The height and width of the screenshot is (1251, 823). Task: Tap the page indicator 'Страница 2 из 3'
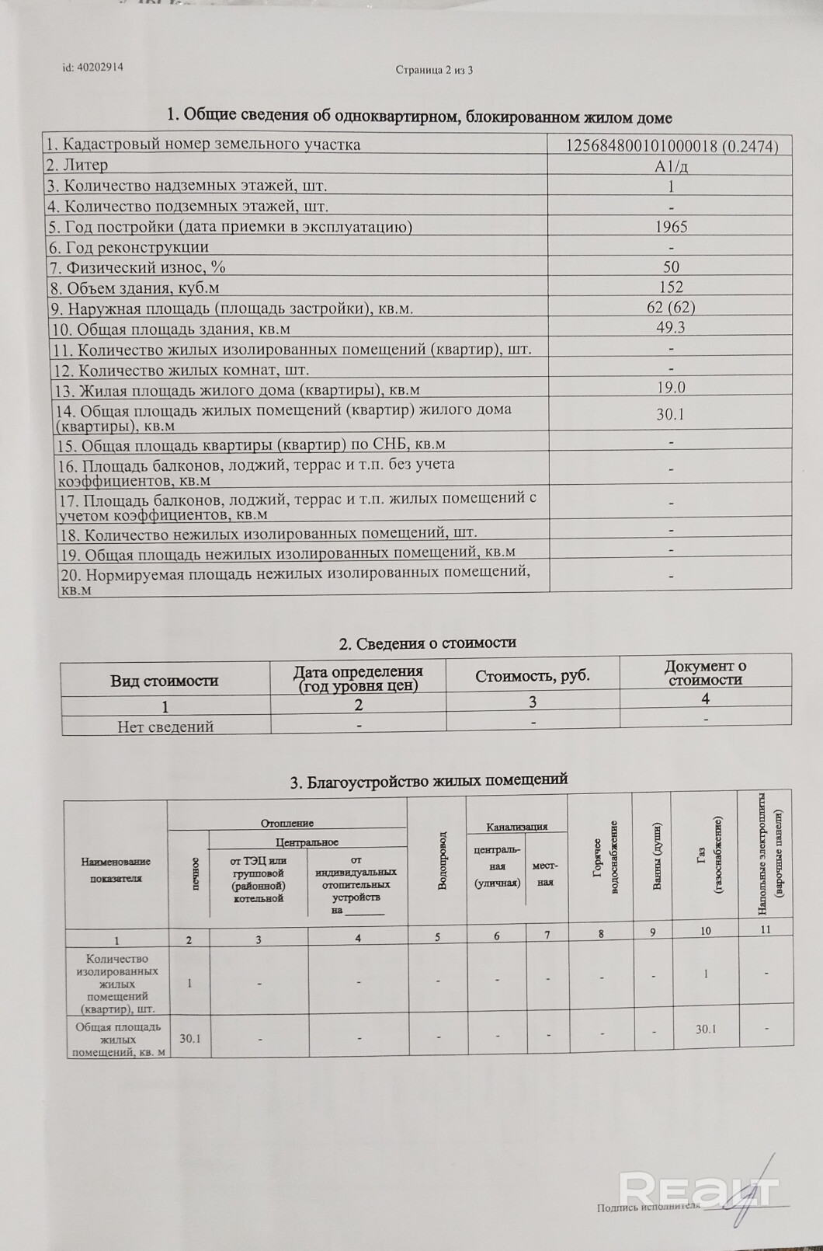(434, 70)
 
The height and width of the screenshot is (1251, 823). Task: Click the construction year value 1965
(671, 227)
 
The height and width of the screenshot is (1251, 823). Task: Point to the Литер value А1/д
(671, 166)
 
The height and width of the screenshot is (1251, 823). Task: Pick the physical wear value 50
(671, 267)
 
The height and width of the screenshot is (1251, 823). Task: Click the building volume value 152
(671, 287)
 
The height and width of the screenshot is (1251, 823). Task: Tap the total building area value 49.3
(671, 328)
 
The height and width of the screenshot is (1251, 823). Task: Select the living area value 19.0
(671, 388)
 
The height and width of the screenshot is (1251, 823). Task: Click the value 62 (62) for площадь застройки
(671, 308)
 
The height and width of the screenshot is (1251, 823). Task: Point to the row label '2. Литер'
(77, 166)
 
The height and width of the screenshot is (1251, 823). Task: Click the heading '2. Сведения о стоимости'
(428, 643)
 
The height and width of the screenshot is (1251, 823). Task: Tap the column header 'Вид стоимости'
(165, 681)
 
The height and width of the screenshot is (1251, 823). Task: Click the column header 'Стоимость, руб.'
(533, 676)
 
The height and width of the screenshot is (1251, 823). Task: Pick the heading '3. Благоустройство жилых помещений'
(429, 780)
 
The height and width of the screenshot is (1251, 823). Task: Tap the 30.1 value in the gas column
(706, 1029)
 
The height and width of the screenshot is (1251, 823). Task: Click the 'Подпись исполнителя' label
(648, 1207)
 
